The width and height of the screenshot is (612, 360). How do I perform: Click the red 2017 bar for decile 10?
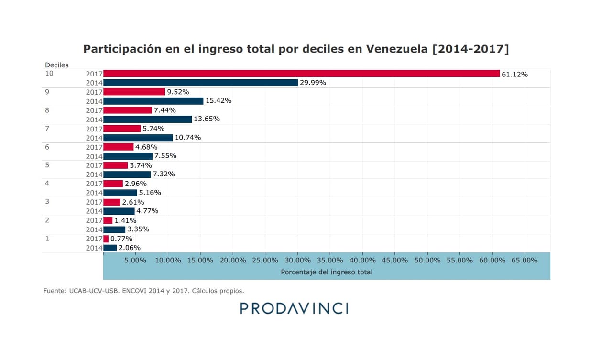tap(301, 74)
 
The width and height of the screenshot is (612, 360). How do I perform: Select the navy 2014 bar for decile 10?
tap(200, 83)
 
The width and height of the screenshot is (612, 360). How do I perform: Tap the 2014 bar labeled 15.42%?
tap(153, 101)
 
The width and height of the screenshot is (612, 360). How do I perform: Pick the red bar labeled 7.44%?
tap(128, 110)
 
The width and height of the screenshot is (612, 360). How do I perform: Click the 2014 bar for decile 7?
tap(138, 138)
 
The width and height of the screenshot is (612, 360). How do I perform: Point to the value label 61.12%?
tap(514, 74)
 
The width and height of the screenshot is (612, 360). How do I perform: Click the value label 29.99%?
tap(313, 83)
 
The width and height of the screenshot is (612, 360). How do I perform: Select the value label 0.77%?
tap(121, 239)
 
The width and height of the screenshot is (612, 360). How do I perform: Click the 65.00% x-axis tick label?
tap(525, 260)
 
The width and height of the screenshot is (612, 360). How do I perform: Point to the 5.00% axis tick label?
tap(135, 260)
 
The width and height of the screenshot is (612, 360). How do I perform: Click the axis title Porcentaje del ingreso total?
tap(327, 272)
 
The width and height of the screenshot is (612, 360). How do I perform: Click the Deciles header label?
tap(57, 65)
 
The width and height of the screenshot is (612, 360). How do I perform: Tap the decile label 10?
tap(49, 74)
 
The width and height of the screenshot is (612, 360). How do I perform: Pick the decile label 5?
tap(47, 165)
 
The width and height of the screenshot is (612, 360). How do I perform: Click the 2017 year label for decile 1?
tap(94, 239)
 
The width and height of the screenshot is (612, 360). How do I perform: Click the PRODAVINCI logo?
tap(294, 308)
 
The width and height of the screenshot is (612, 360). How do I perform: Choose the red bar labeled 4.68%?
tap(119, 147)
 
